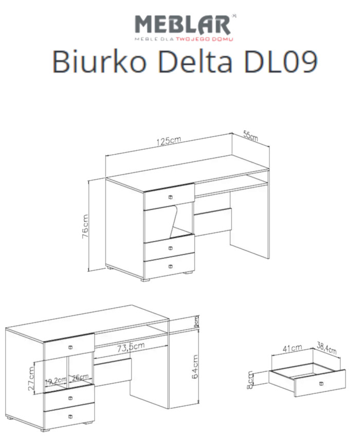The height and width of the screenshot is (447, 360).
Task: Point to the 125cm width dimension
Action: click(x=169, y=142)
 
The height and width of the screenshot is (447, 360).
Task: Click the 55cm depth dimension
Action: click(x=250, y=136)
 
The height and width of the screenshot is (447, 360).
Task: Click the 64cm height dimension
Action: click(x=196, y=367)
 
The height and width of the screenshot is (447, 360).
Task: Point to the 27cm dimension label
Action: click(x=31, y=378)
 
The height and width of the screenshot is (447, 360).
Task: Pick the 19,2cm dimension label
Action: click(x=56, y=381)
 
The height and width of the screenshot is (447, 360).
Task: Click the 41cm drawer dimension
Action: click(x=293, y=348)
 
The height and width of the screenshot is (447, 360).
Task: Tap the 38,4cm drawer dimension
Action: click(x=327, y=348)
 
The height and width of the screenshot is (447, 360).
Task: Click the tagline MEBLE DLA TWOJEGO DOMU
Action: click(x=184, y=39)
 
